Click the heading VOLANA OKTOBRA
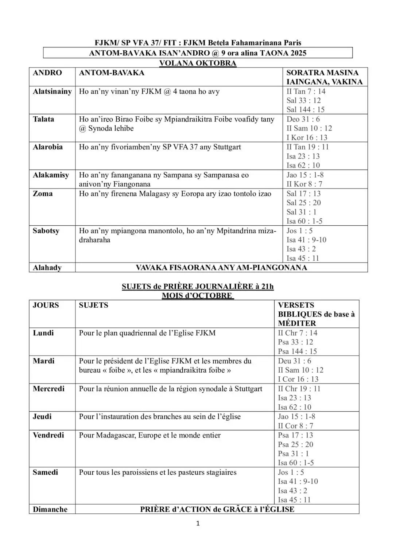point(198,63)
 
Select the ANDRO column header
point(47,73)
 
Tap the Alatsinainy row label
point(52,92)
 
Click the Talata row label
point(43,119)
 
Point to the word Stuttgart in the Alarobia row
point(227,147)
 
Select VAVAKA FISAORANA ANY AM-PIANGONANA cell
point(221,268)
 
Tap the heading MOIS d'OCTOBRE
point(198,295)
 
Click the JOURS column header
point(46,305)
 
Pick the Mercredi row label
point(48,389)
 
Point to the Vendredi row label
point(48,435)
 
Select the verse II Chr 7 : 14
point(298,333)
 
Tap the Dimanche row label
point(50,509)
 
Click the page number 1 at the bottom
point(198,524)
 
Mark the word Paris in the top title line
point(292,43)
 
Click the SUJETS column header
point(93,305)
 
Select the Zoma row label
point(43,194)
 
